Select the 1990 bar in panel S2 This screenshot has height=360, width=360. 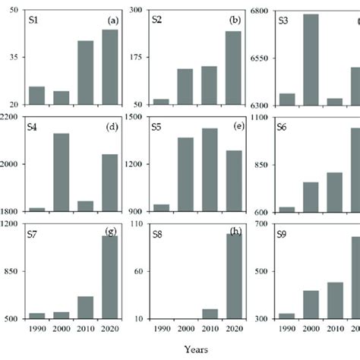(x=161, y=102)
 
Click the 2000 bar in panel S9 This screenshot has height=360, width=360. (x=311, y=305)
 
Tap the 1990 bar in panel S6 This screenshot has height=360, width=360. (x=286, y=209)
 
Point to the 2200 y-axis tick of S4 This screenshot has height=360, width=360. (x=13, y=117)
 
